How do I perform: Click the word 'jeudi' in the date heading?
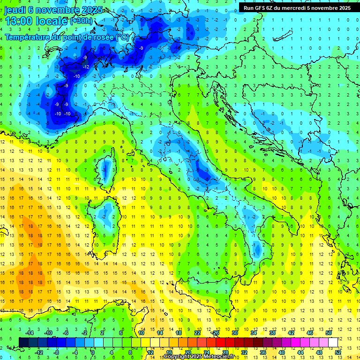pyautogui.click(x=15, y=10)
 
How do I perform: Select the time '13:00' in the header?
pyautogui.click(x=19, y=21)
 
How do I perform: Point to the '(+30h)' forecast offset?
pyautogui.click(x=81, y=21)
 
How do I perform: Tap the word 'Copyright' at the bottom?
pyautogui.click(x=178, y=357)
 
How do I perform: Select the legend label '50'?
pyautogui.click(x=329, y=333)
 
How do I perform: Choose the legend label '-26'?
pyautogui.click(x=216, y=333)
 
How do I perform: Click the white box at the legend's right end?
pyautogui.click(x=333, y=342)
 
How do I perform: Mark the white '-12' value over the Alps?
pyautogui.click(x=86, y=67)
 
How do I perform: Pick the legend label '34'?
pyautogui.click(x=254, y=333)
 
